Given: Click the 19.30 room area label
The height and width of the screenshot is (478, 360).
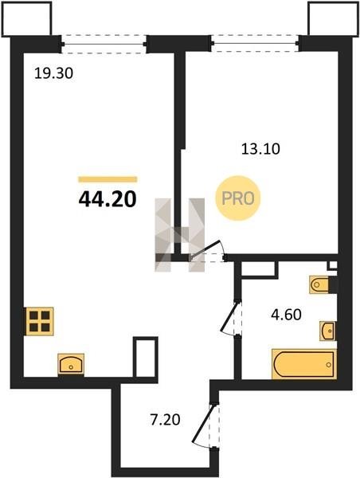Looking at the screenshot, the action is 53,73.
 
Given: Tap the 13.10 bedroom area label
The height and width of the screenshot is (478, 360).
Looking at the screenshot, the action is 260,149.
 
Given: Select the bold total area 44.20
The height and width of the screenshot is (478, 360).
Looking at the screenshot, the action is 108,199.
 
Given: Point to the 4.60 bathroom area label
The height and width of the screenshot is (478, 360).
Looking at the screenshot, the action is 286,315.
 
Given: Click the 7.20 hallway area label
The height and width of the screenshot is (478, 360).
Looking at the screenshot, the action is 165,420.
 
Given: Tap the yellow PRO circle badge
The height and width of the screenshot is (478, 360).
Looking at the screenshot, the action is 238,198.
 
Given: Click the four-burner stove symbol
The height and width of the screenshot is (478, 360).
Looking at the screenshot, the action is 40,321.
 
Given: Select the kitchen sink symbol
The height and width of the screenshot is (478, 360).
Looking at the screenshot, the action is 71,364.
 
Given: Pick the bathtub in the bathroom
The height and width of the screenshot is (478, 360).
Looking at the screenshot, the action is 304,364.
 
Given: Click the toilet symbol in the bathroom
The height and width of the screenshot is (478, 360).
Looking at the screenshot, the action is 319,284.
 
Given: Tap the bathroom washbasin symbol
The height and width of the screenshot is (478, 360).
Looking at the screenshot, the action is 327,331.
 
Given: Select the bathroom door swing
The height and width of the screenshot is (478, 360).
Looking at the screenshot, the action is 231,318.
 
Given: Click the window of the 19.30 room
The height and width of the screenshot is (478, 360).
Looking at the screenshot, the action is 104,44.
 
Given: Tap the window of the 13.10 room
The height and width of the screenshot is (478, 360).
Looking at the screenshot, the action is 255,43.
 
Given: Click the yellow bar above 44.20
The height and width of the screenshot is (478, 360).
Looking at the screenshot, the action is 108,179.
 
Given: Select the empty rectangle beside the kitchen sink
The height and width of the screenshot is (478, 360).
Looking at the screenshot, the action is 146,357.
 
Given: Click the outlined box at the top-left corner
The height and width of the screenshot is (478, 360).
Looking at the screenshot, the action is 26,19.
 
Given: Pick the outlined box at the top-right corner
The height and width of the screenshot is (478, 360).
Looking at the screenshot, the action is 333,19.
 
